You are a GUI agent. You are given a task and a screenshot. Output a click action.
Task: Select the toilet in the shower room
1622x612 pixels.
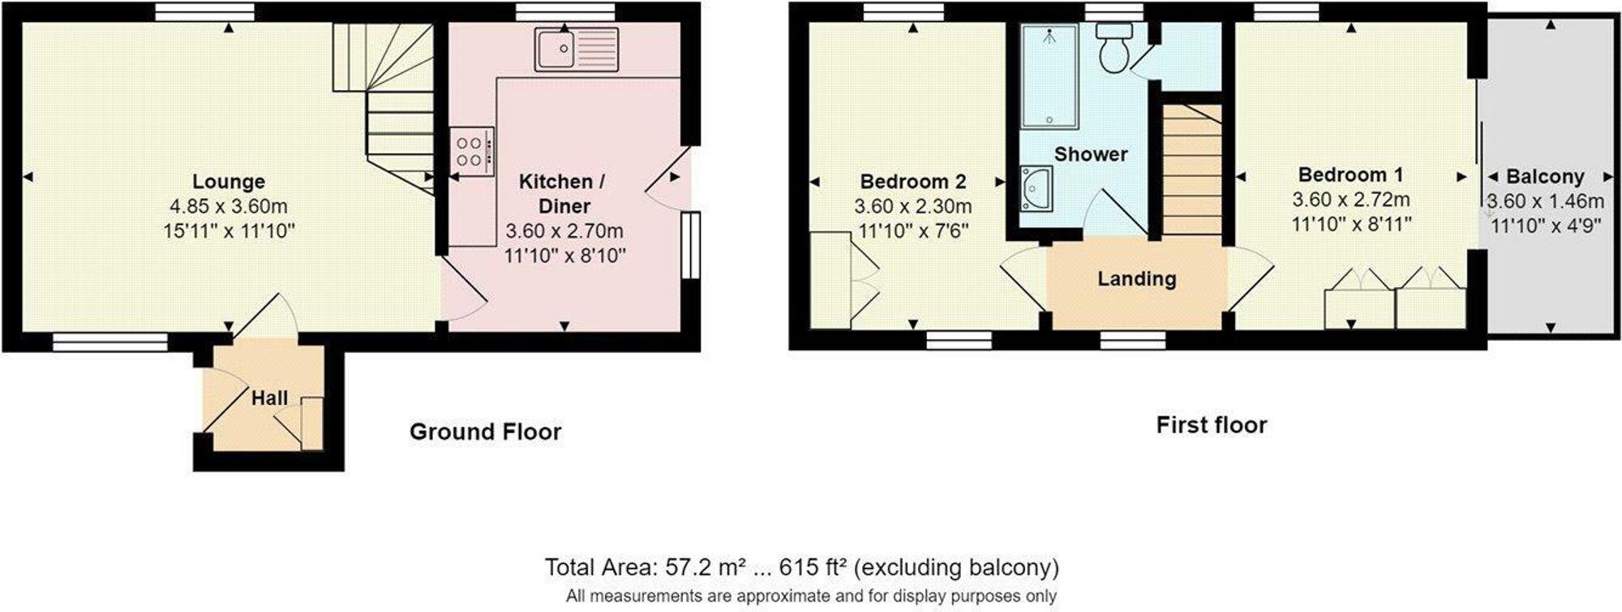click(1113, 47)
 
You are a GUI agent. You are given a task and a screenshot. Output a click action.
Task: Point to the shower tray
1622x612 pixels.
click(1049, 76)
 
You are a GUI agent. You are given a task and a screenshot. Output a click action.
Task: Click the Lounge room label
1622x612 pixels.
click(228, 182)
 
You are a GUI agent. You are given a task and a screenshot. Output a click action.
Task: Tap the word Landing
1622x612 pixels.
click(1136, 279)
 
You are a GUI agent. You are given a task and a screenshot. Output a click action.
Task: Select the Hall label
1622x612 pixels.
click(269, 399)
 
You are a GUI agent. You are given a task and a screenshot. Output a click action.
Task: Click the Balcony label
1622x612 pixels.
click(1544, 177)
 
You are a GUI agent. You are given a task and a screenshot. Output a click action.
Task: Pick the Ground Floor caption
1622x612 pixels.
click(485, 432)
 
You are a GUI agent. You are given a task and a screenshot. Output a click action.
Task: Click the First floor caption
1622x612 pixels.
click(1211, 425)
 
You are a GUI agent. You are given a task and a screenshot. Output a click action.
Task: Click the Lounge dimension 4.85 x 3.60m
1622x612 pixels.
click(228, 207)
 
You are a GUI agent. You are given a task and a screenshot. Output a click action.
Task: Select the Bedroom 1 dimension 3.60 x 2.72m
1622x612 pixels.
click(1350, 200)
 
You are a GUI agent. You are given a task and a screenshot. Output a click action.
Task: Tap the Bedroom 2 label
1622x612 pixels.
click(912, 182)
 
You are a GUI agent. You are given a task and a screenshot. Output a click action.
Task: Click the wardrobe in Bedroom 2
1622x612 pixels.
click(830, 279)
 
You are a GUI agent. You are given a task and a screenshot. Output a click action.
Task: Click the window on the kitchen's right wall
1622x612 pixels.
click(690, 245)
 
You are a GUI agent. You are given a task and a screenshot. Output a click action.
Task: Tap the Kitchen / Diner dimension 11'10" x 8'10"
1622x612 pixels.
click(564, 256)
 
